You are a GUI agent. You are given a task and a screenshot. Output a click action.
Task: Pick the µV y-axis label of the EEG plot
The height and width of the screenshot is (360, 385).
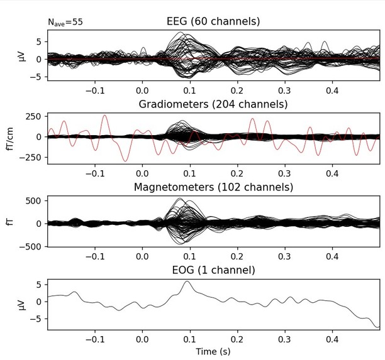[x=23, y=59]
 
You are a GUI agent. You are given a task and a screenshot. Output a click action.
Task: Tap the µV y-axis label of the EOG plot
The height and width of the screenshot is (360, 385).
[x=23, y=302]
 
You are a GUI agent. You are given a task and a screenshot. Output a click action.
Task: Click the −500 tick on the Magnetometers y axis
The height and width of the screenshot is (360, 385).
[x=31, y=246]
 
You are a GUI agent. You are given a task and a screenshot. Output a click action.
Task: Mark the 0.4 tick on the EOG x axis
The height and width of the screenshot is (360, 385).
[x=332, y=339]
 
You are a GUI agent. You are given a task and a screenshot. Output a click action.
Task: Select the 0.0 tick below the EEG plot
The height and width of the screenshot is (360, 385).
[x=143, y=89]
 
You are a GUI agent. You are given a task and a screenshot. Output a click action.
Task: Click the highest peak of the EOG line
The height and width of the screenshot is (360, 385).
[x=186, y=281]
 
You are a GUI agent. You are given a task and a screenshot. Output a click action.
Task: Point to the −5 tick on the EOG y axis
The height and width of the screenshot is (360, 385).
[x=38, y=319]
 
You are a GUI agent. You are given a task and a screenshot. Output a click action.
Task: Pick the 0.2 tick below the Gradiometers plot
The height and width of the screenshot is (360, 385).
[x=237, y=173]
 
